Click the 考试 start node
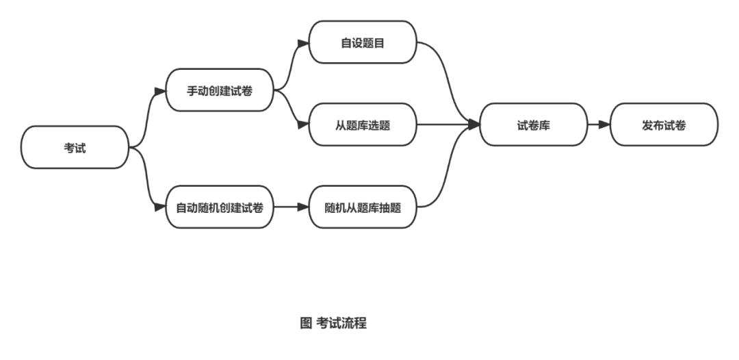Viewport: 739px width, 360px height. click(x=75, y=147)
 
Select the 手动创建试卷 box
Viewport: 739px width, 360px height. click(x=220, y=90)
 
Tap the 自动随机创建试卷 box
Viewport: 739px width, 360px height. click(x=220, y=207)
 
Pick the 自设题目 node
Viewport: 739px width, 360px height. click(x=363, y=42)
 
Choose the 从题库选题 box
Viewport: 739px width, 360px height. click(x=363, y=125)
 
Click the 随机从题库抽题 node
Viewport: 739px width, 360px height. click(x=363, y=207)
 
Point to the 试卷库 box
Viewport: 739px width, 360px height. click(x=534, y=125)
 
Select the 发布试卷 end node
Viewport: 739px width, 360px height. click(x=664, y=125)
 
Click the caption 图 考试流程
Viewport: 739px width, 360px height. click(x=333, y=324)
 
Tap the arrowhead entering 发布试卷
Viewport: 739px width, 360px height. click(x=604, y=125)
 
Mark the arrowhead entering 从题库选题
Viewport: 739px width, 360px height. click(x=303, y=125)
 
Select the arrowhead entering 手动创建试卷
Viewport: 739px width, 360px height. click(x=160, y=90)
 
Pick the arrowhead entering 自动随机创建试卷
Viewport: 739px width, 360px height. click(x=160, y=207)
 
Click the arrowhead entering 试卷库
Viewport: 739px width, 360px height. click(x=474, y=125)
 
